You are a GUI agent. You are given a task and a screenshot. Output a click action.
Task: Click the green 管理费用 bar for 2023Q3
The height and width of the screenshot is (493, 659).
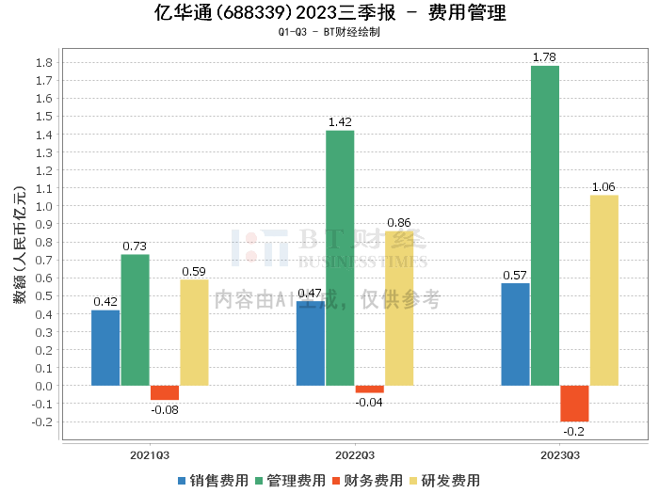[x=544, y=226]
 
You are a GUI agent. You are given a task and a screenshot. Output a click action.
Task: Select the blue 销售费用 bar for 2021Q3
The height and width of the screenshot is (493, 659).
[x=105, y=347]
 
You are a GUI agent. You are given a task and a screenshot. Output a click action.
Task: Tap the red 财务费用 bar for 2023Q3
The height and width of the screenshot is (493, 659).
[x=573, y=403]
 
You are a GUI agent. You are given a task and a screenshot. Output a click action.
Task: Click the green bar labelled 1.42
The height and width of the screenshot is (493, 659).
[x=340, y=258]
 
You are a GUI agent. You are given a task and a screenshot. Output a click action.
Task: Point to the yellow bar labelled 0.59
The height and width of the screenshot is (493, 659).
[x=194, y=332]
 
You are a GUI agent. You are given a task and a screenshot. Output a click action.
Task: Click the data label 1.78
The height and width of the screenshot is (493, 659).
[x=544, y=57]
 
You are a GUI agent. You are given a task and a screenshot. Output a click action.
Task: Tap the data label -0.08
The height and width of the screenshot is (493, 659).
[x=165, y=409]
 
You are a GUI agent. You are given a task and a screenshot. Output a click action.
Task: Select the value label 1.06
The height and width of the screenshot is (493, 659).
[x=603, y=187]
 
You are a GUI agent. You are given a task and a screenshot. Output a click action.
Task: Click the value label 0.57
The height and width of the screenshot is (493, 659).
[x=515, y=275]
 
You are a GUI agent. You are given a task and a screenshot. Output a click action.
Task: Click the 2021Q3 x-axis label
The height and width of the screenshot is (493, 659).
[x=150, y=453]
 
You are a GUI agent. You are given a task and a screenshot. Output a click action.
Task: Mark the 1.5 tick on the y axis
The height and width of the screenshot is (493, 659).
[x=43, y=117]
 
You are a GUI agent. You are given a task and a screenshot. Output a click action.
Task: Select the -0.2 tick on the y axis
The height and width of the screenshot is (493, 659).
[x=41, y=421]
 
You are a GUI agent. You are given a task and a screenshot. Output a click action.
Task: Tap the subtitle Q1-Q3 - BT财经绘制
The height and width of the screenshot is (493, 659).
[x=329, y=32]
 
